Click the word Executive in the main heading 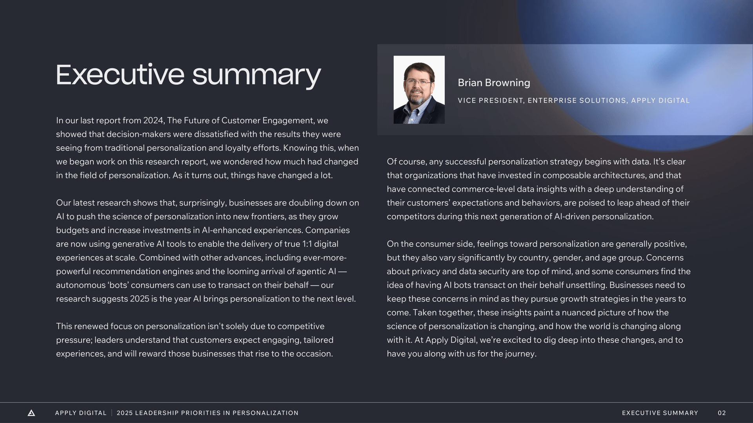[x=120, y=75]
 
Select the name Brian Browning [x=494, y=83]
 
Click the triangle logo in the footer [x=31, y=413]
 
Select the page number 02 [x=722, y=413]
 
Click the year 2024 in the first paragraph [x=154, y=121]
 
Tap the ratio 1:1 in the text [x=307, y=244]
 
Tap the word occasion [x=314, y=354]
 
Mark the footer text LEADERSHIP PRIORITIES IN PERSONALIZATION [x=216, y=413]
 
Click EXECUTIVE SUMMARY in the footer [x=660, y=413]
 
